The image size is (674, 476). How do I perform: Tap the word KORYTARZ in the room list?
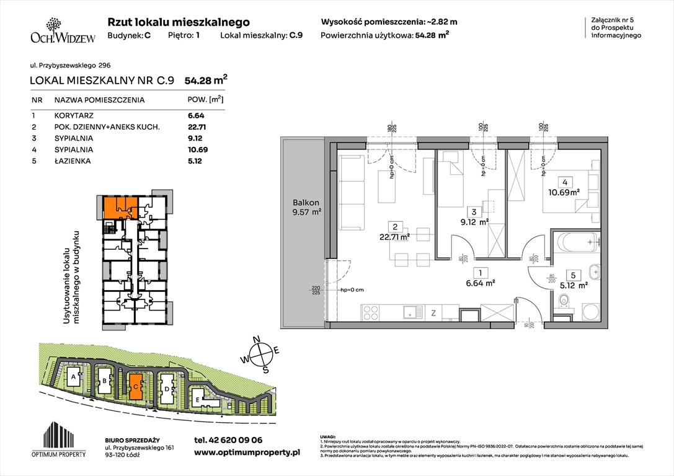[74, 115]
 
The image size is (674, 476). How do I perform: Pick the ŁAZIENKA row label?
[73, 161]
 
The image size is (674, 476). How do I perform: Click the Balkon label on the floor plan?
[306, 203]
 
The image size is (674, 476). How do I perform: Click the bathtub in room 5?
[577, 242]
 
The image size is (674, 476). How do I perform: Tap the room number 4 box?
[565, 182]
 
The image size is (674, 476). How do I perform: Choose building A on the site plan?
[74, 376]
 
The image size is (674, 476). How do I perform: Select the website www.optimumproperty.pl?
[247, 452]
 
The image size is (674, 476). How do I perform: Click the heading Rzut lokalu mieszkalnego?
[179, 22]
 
